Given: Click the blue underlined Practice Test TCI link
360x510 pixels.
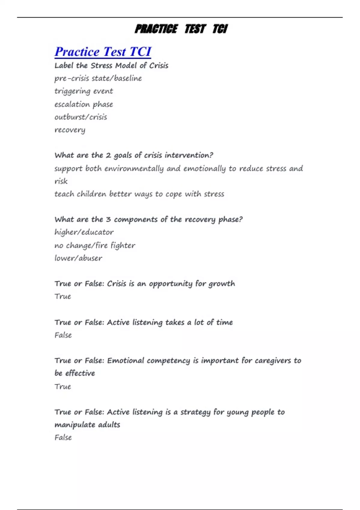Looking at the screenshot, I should tap(103, 52).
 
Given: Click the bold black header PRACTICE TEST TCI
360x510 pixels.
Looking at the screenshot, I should tap(181, 29).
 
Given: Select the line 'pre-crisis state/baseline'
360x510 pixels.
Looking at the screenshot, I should tap(98, 78).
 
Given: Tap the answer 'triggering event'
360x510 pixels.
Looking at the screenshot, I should tap(84, 91).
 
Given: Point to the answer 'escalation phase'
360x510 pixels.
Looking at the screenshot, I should tap(84, 104).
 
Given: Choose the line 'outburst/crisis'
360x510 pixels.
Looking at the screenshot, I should tap(81, 117).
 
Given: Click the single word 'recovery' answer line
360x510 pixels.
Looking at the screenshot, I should tap(70, 130).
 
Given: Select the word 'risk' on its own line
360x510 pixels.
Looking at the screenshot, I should tap(61, 181).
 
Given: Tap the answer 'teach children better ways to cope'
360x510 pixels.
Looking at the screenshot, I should tap(139, 194).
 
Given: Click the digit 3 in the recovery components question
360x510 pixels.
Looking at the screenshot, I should tap(108, 220).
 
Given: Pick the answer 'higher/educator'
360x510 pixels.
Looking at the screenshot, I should tap(84, 232).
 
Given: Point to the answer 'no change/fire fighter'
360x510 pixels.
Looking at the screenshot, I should tap(95, 245).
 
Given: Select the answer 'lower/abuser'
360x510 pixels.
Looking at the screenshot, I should tap(78, 258).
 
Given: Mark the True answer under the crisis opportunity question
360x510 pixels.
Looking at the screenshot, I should tap(63, 296).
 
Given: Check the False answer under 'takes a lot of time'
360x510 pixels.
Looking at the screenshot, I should tap(63, 335).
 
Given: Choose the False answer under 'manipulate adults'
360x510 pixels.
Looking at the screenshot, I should tap(63, 438).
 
